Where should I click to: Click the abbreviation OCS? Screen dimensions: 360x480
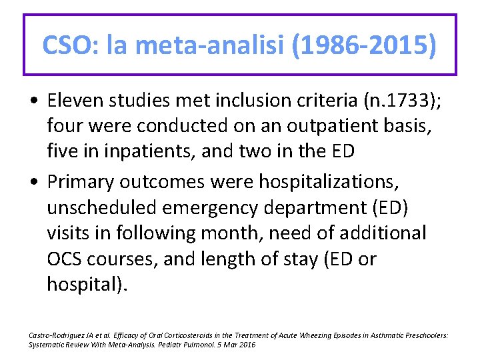coord(67,258)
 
